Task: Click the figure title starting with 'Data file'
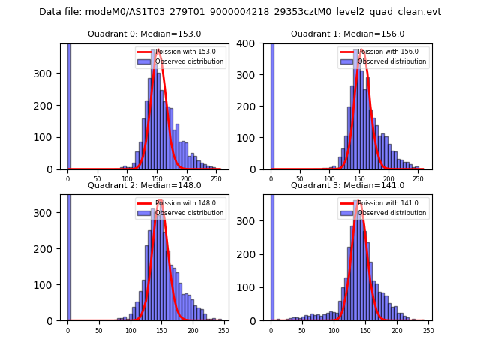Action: click(240, 12)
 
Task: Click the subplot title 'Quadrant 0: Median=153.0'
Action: click(139, 34)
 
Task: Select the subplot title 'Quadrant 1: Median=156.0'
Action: click(347, 34)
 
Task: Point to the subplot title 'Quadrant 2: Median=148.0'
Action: click(139, 185)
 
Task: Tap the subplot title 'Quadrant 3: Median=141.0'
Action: click(347, 185)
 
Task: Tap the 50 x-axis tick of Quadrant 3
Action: click(302, 329)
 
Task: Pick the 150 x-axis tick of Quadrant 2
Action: click(130, 329)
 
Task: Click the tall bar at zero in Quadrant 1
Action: click(271, 105)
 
